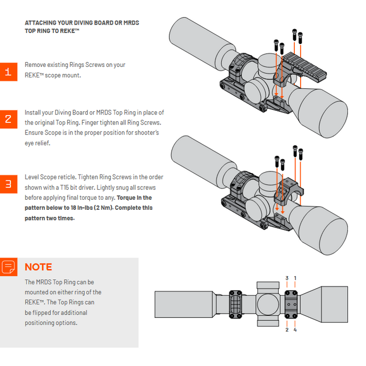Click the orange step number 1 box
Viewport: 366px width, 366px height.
coord(8,71)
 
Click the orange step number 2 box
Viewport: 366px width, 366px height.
coord(8,119)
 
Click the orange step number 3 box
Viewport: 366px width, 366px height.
coord(8,184)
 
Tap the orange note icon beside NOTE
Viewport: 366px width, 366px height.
coord(8,267)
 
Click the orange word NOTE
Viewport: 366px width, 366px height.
coord(38,267)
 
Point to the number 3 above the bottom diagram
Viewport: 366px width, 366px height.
coord(287,278)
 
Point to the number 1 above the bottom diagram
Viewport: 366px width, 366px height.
coord(295,278)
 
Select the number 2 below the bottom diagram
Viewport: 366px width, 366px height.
coord(287,330)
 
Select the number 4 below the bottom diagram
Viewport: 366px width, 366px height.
coord(295,330)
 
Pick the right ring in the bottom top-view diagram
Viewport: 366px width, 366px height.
coord(291,304)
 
